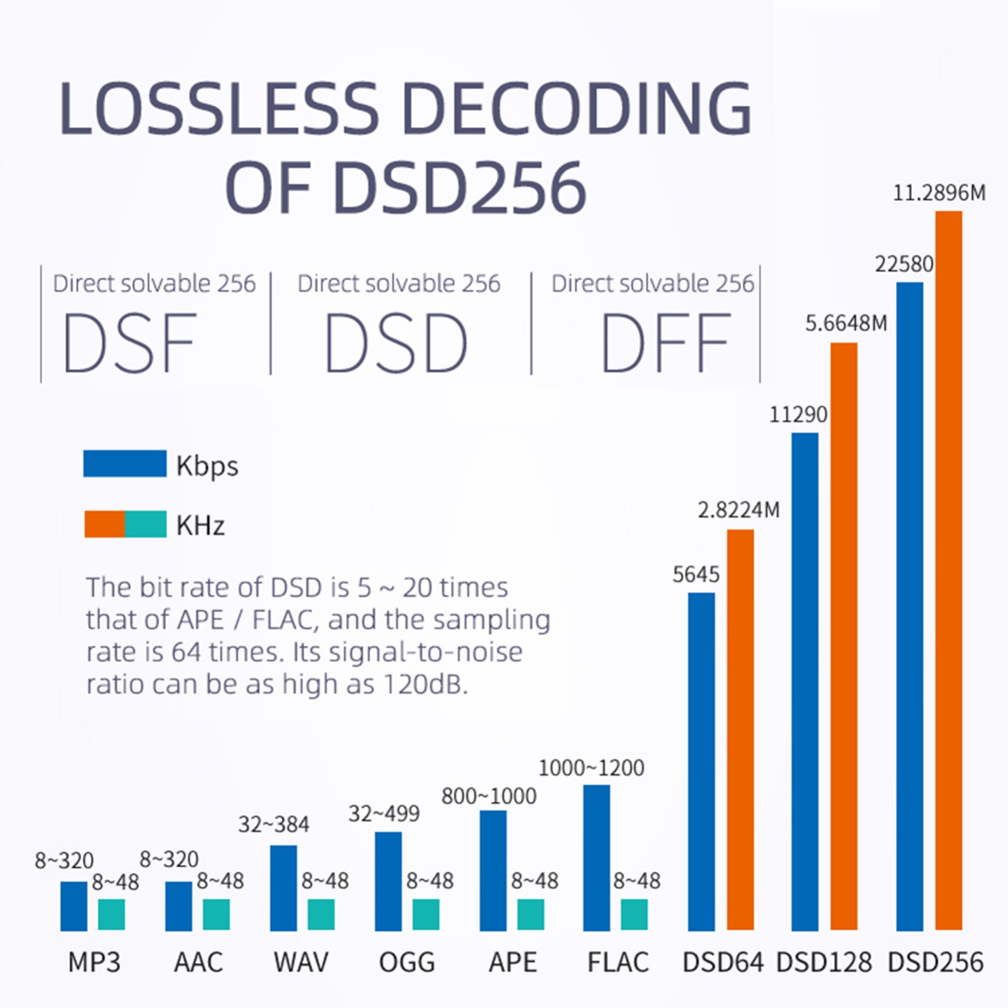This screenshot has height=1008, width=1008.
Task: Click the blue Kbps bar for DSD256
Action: coord(909,606)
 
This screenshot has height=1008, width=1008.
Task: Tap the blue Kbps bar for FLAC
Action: coord(596,858)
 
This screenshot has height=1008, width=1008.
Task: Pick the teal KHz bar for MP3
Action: coord(112,914)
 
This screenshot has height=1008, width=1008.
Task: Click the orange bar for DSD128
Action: coord(844,636)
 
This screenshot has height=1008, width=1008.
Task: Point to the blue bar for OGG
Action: coord(388,881)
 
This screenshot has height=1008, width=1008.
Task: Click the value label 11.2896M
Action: coord(939,193)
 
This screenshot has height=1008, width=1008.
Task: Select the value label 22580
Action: coord(904,264)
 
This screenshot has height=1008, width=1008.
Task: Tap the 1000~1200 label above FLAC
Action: coord(591,768)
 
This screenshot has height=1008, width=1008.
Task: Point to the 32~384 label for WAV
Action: coord(273,825)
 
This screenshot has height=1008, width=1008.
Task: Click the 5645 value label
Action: coord(696,575)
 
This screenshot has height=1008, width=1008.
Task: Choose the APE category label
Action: coord(513,962)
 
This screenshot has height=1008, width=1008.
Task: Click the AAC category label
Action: coord(198,962)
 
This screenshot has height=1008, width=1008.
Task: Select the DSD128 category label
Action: coord(824,962)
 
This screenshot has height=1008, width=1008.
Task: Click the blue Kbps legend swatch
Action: coord(125,464)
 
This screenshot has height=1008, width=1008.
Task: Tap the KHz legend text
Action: coord(200,525)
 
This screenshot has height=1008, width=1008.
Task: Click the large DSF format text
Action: coord(130,343)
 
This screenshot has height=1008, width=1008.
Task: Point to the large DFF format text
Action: coord(666,343)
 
